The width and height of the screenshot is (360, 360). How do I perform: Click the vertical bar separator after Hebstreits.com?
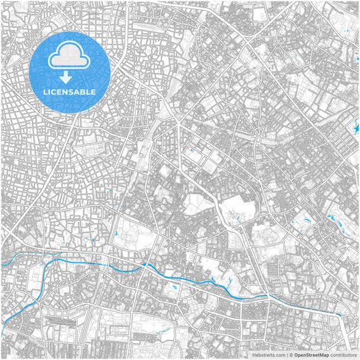pyautogui.click(x=286, y=354)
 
